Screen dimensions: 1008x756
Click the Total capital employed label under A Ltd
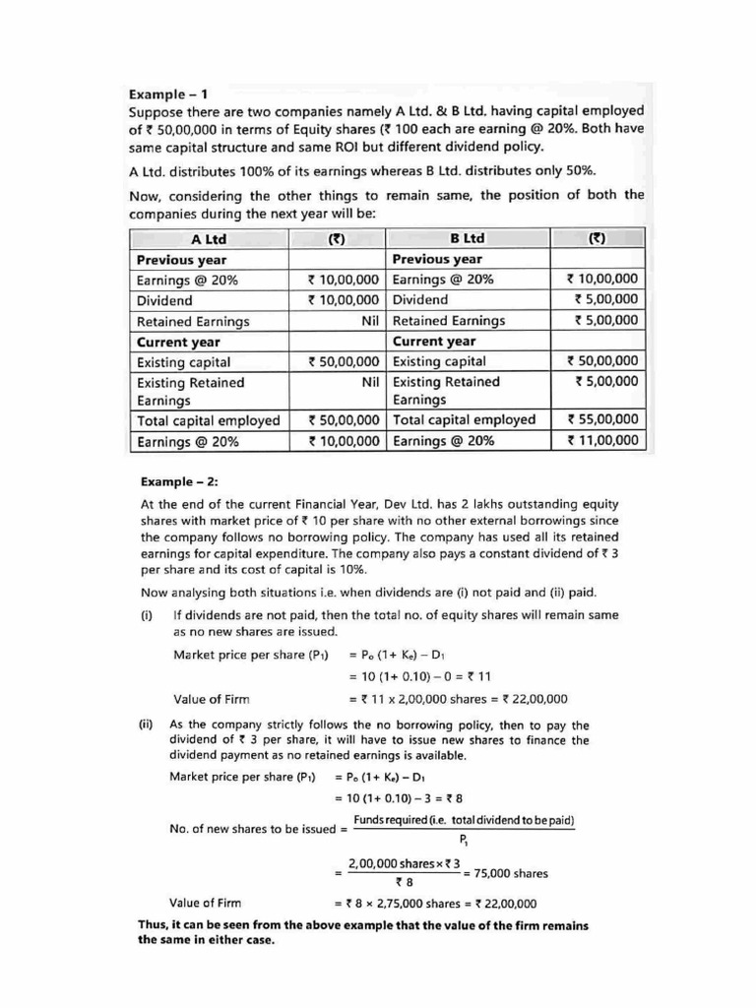(208, 420)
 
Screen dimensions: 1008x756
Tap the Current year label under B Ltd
(434, 342)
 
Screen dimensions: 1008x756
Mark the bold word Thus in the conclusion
(154, 925)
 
